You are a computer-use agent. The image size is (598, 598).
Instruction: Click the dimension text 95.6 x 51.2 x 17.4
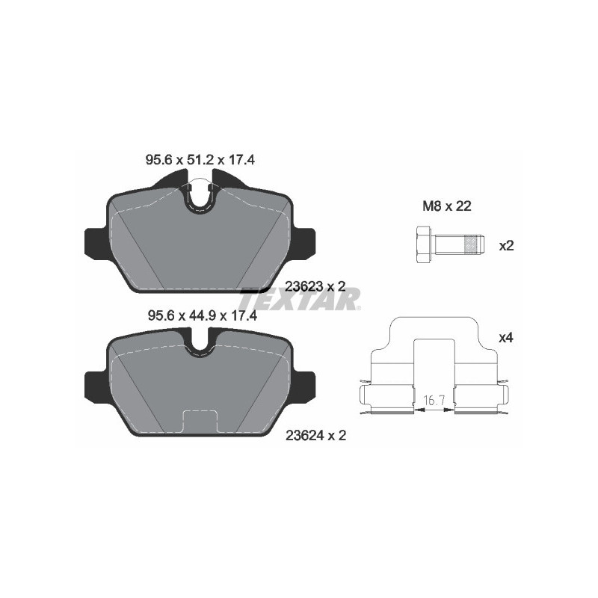200,159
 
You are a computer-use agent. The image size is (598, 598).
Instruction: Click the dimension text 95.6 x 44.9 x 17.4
200,316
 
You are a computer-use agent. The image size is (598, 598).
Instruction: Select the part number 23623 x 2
315,285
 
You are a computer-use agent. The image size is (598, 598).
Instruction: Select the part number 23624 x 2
315,433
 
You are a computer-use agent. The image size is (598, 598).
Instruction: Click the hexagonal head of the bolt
420,244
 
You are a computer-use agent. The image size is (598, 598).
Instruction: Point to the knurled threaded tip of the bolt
471,244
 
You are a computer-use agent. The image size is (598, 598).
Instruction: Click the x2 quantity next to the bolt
506,245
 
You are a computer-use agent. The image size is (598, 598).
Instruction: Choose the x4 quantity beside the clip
506,338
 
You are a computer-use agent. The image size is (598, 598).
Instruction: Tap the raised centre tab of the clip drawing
434,351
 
